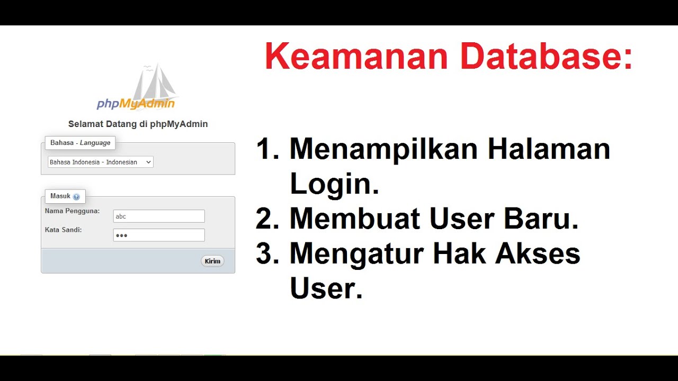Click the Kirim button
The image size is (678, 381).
(212, 261)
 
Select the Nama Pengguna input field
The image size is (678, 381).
(159, 216)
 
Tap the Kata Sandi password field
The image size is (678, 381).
(159, 235)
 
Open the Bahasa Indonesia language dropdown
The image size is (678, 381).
(101, 162)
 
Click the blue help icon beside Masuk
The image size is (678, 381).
(76, 197)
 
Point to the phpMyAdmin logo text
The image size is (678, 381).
(136, 103)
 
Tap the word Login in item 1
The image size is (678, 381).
(334, 184)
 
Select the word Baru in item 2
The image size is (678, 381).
(541, 219)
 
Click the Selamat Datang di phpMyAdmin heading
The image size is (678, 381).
(138, 124)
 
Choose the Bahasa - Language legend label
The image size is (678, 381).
(80, 143)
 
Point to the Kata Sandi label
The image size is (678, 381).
(64, 230)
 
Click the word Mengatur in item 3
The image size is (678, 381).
(356, 255)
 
